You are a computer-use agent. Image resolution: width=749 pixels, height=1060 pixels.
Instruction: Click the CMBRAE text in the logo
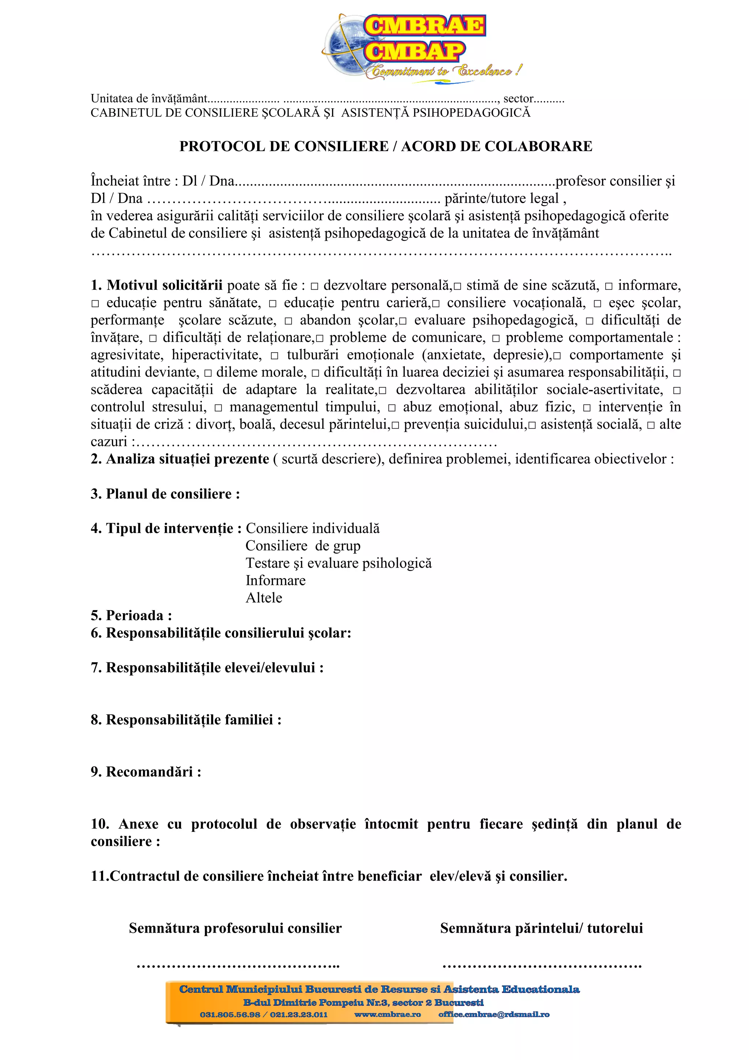[424, 26]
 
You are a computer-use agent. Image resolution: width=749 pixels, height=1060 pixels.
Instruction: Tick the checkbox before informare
[608, 287]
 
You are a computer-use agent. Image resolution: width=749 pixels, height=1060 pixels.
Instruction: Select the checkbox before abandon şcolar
[289, 321]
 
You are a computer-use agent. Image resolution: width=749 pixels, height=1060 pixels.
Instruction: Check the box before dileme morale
[208, 373]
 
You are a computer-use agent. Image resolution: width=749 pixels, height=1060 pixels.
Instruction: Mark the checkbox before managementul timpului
[218, 408]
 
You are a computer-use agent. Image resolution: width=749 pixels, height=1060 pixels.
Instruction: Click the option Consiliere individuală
[312, 528]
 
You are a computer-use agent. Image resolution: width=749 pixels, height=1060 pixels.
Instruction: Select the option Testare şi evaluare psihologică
[338, 563]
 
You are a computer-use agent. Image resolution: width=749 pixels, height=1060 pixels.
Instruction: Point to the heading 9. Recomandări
[146, 771]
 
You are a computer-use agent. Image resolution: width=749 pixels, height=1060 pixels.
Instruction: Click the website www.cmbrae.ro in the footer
[387, 1014]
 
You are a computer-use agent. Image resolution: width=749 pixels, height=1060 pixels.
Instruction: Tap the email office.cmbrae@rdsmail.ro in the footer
[493, 1014]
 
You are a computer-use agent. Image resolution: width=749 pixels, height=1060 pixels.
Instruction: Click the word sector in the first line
[518, 98]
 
